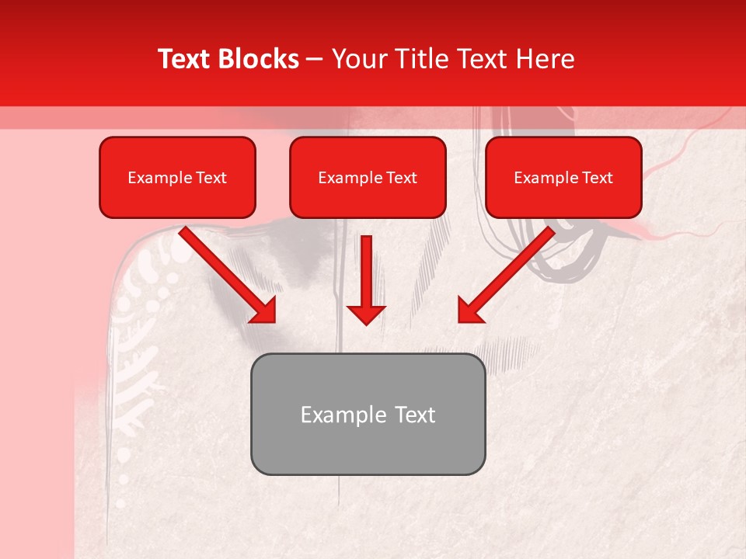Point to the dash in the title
click(315, 59)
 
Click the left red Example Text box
click(177, 178)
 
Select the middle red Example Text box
click(368, 178)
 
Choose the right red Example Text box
click(563, 178)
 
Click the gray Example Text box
click(368, 415)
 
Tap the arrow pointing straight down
click(366, 279)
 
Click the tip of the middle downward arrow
click(366, 322)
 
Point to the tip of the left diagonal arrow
click(273, 320)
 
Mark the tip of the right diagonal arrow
click(461, 320)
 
